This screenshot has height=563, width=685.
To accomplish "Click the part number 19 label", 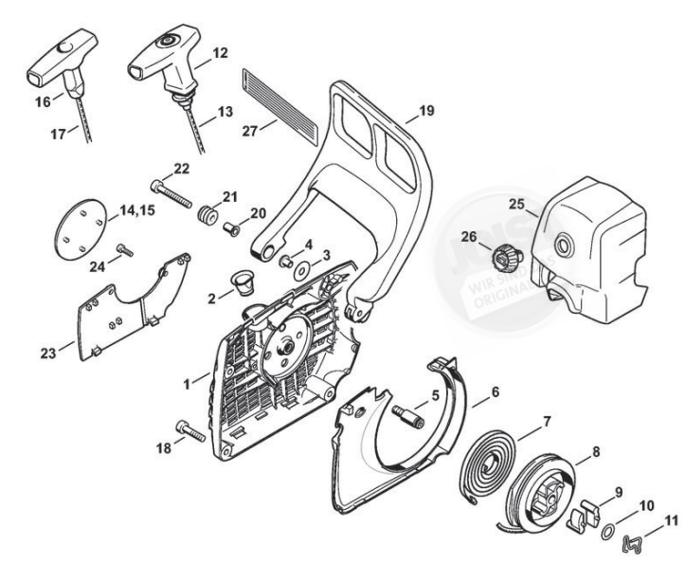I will point(426,112).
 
